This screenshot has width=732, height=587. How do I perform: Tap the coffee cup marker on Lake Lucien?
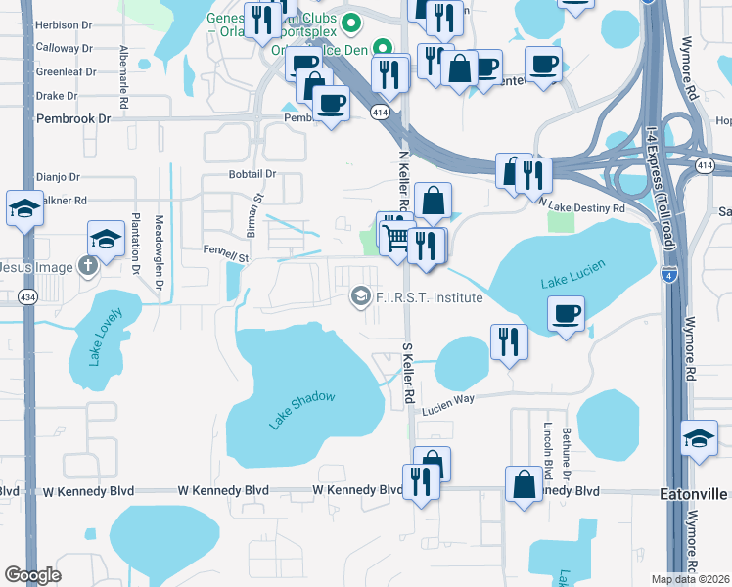(x=566, y=315)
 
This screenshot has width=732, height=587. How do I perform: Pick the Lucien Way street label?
(x=447, y=405)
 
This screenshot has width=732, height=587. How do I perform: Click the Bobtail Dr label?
(x=252, y=174)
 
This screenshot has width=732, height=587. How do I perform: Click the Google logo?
(x=32, y=575)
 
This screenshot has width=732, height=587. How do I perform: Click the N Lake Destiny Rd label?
(x=582, y=207)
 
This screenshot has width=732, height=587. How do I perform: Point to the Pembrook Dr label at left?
(x=73, y=118)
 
